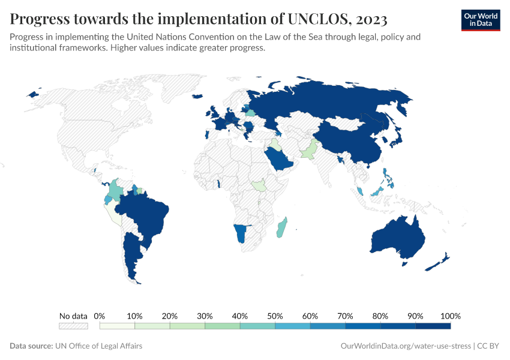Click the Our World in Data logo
click(x=480, y=19)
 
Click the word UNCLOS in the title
click(x=320, y=19)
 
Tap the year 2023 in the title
click(x=370, y=19)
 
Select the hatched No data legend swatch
click(x=73, y=326)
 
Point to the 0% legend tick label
click(x=100, y=316)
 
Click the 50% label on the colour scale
click(x=275, y=316)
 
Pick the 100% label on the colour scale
click(x=450, y=316)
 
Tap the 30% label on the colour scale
click(x=205, y=316)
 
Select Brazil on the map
click(x=147, y=213)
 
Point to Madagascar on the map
click(x=282, y=228)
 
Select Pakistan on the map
click(x=309, y=150)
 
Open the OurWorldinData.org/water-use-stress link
click(x=406, y=346)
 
